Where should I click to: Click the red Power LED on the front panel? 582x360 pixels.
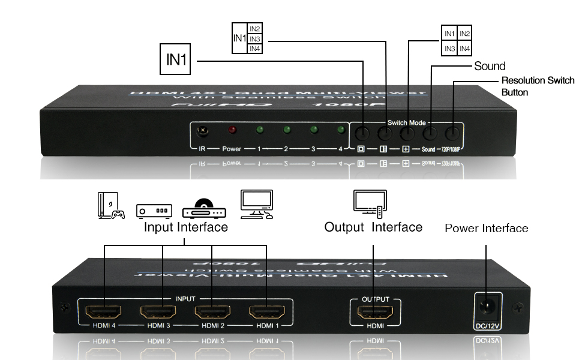(232, 130)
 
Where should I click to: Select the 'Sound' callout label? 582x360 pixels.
(490, 65)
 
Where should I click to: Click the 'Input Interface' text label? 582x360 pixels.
(185, 227)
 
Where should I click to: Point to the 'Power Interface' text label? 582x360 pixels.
(486, 228)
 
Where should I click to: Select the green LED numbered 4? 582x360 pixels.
(341, 130)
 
